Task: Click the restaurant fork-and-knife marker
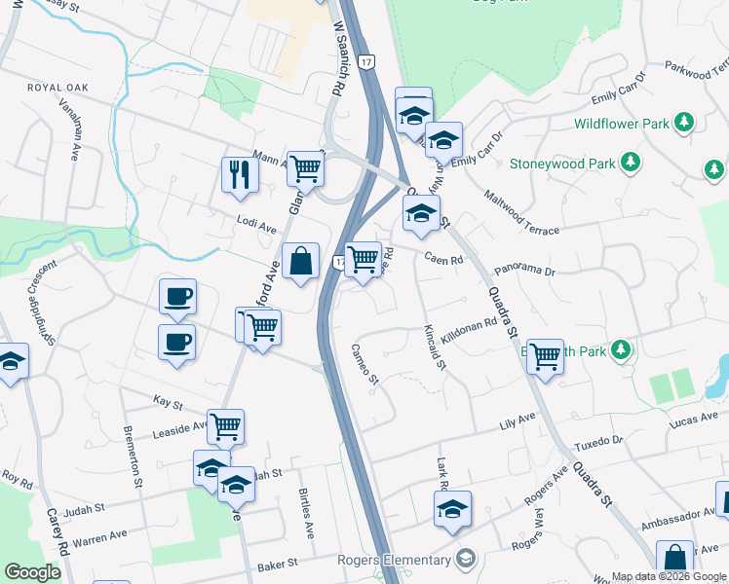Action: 239,175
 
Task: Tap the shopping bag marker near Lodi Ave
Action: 301,261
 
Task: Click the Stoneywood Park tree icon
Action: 633,164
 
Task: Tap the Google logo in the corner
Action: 32,572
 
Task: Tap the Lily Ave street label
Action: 518,421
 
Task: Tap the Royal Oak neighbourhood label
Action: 58,88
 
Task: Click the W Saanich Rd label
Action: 338,58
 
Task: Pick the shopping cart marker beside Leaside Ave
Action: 225,426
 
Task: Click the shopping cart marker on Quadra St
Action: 545,356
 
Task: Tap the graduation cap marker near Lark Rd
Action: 451,509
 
